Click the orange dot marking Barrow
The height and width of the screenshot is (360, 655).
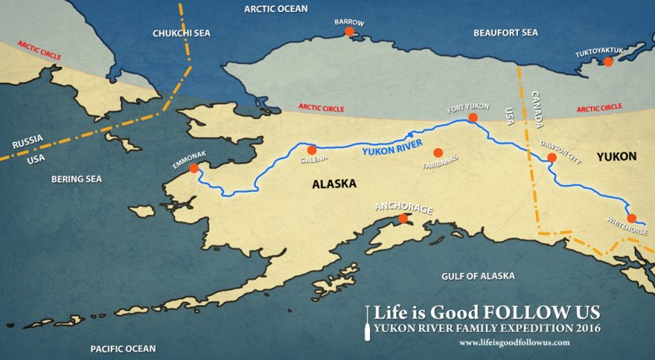pos(348,32)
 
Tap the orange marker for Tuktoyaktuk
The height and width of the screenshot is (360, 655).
pos(606,61)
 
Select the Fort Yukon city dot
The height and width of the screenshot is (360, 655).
pos(472,117)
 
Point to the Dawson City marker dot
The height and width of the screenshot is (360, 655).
pos(551,157)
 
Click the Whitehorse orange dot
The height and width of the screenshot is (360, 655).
pos(631,218)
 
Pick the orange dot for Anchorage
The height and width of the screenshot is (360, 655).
pos(403,218)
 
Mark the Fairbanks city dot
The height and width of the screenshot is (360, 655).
pos(437,152)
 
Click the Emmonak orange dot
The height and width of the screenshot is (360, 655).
pos(194,168)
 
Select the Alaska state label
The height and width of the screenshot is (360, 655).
pos(334,183)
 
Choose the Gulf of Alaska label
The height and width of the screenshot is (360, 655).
pos(478,276)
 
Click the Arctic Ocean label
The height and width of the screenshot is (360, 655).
pos(276,8)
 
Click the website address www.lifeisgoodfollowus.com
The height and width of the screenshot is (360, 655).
pos(514,342)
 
